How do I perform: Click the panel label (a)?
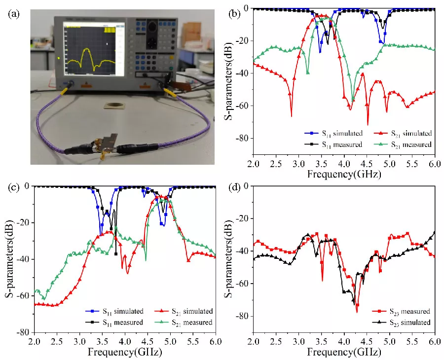[14, 14]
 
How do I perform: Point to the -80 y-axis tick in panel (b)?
[243, 139]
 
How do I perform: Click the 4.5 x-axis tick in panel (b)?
[367, 162]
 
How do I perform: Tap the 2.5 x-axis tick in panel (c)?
[57, 341]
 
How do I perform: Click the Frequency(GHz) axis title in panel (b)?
[343, 174]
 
